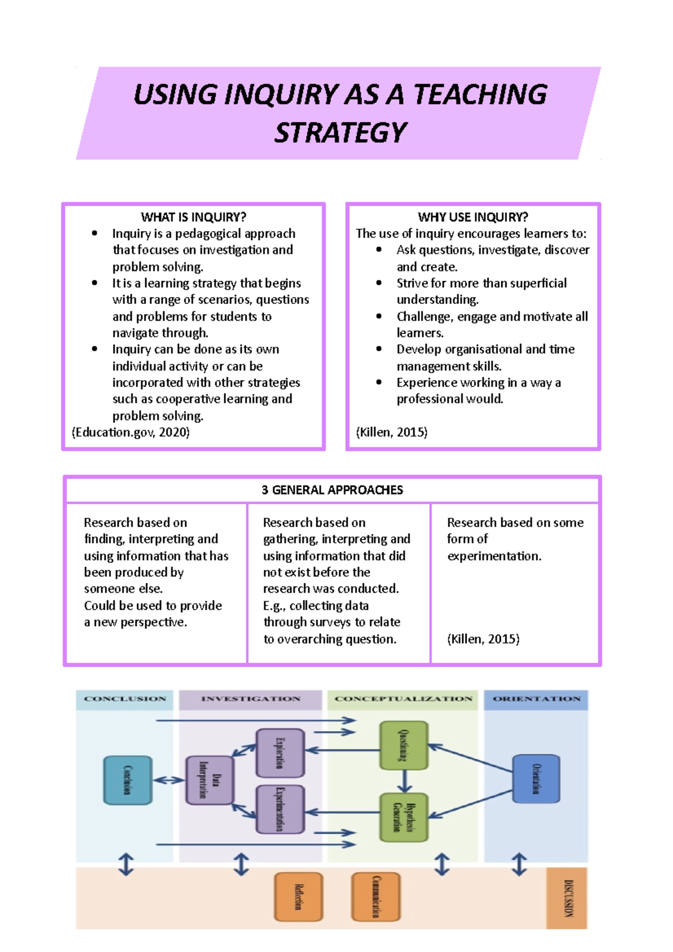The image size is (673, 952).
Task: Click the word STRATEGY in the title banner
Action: coord(340,133)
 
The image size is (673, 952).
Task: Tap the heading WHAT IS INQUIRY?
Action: coord(193,217)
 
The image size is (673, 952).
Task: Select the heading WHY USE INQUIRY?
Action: coord(473,217)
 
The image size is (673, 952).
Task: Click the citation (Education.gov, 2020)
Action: coord(131,432)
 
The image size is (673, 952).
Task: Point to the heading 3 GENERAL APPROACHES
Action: coord(332,490)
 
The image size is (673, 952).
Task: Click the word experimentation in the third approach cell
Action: coord(494,556)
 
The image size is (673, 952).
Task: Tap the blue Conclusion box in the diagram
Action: coord(128,780)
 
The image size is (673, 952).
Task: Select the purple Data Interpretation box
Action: coord(209,780)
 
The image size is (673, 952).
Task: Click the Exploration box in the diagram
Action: coord(280,752)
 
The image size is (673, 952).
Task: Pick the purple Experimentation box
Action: coord(280,809)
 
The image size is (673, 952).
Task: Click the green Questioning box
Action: coord(404,745)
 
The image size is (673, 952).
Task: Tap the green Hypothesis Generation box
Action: coord(404,817)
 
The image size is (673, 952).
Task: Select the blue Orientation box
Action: coord(536,779)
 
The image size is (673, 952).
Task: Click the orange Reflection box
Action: coord(298,896)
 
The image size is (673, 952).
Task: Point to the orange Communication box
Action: coord(376,896)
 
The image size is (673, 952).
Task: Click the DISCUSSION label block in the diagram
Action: coord(567,898)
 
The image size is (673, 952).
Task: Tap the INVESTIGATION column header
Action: coord(251,699)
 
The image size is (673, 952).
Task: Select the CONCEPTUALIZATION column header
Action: coord(403,699)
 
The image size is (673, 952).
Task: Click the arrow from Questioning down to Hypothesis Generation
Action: coord(404,781)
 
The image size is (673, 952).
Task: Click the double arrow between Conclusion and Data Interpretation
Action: coord(169,780)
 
